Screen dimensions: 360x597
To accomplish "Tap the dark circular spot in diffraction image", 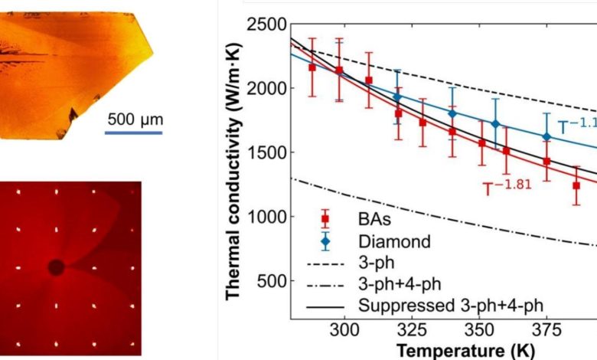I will (x=56, y=267).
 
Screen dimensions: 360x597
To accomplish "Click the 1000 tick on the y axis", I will (x=266, y=217).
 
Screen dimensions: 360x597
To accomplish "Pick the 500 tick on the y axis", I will (x=273, y=281).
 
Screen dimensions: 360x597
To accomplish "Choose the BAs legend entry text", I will (x=374, y=220).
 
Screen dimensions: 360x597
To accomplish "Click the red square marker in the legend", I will (x=325, y=220).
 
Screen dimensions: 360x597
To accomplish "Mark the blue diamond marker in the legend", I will (x=325, y=241).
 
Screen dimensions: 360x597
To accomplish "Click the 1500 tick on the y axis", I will (x=266, y=152).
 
